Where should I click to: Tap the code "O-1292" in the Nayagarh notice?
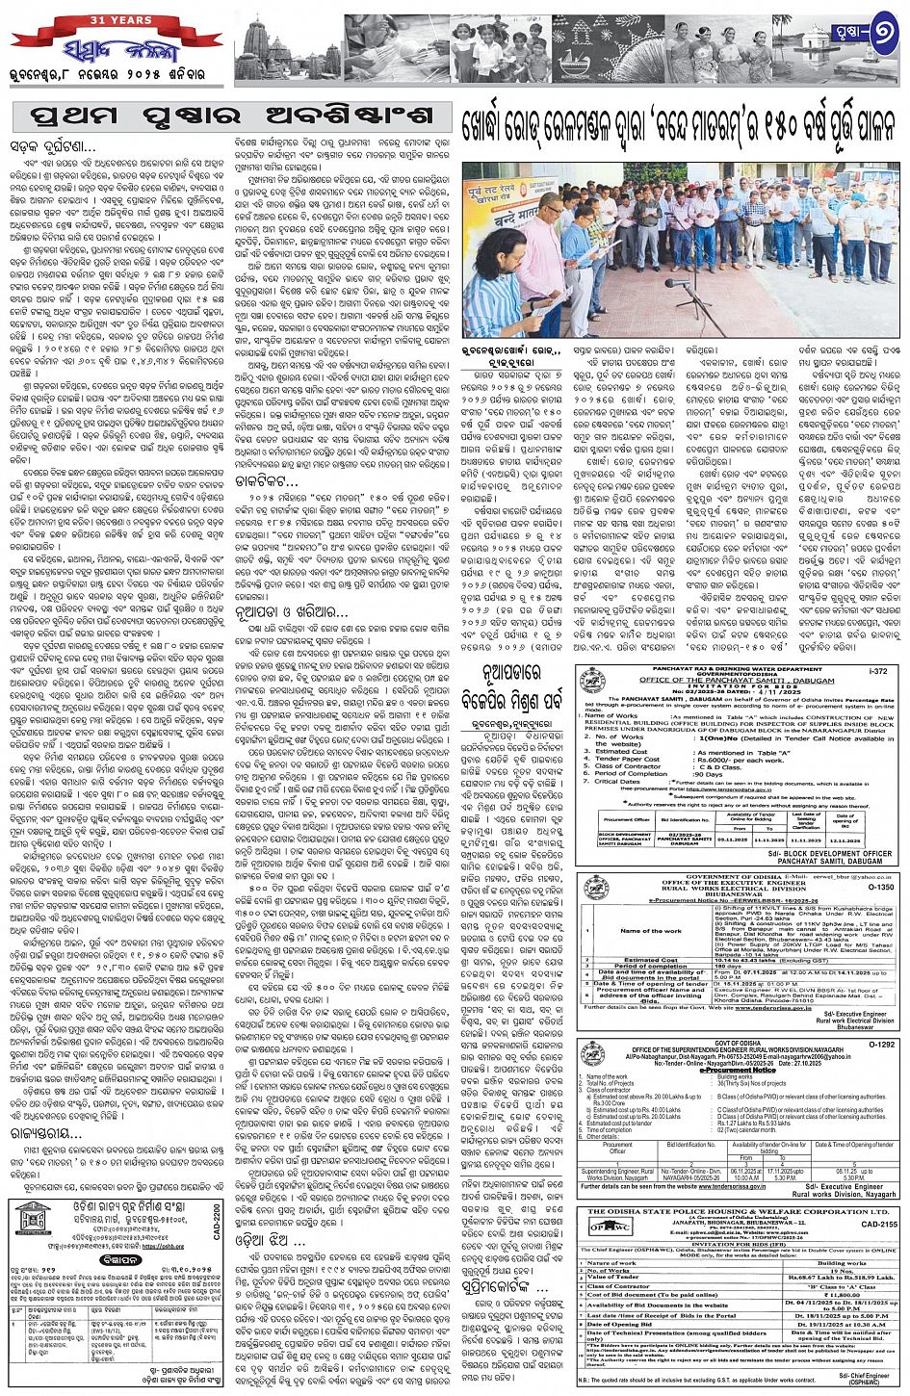point(880,1043)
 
